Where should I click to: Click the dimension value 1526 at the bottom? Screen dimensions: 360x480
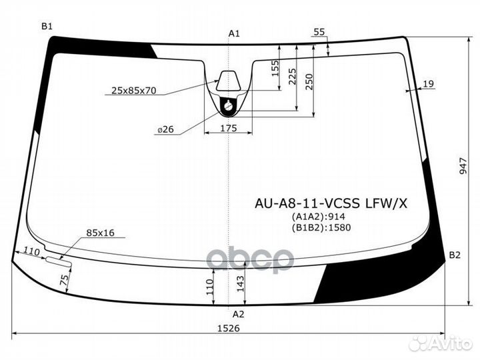click(x=229, y=328)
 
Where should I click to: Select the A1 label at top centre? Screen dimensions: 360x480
click(x=233, y=33)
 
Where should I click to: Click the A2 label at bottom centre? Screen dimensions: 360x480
click(x=238, y=313)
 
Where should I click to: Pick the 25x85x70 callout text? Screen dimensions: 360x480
click(x=133, y=91)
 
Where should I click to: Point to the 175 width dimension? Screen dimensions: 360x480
click(x=228, y=127)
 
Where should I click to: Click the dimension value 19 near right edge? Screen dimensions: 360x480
click(x=428, y=83)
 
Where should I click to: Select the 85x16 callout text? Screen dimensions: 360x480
click(x=100, y=233)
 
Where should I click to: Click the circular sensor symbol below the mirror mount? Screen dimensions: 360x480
click(x=229, y=105)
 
